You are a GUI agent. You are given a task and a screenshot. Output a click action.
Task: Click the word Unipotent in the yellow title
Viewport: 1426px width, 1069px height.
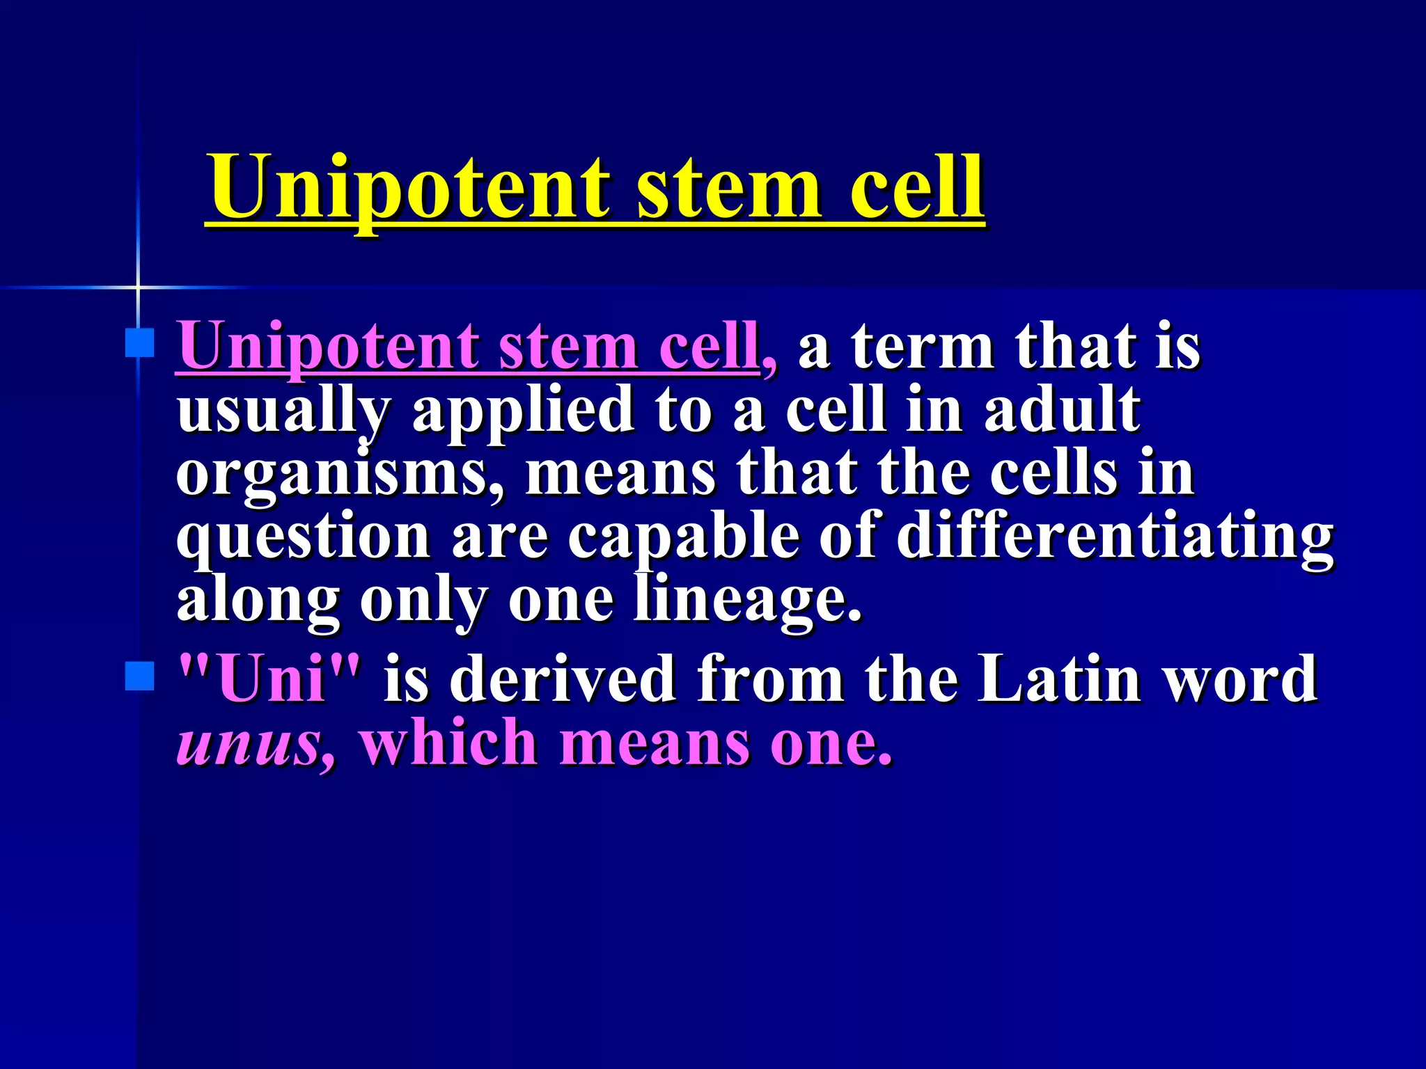(411, 188)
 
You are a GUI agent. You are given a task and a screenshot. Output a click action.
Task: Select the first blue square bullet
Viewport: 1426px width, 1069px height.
(139, 343)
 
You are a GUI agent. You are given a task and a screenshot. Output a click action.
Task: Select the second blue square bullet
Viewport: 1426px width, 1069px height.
(139, 676)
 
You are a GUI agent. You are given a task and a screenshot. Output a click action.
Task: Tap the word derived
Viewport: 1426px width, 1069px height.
(564, 678)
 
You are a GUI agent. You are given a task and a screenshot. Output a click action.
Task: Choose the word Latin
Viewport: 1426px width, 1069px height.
(1058, 678)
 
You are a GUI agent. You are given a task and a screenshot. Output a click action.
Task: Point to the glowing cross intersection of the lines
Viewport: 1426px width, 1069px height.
(138, 287)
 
